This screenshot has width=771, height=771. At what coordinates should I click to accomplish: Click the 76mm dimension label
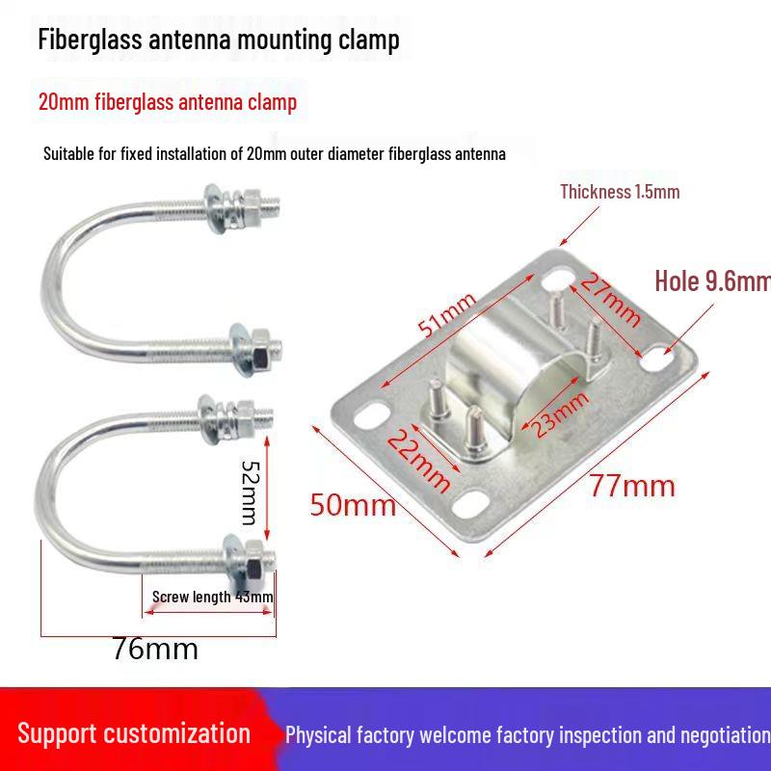pos(154,648)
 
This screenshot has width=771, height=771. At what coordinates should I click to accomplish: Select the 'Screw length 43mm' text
pos(212,597)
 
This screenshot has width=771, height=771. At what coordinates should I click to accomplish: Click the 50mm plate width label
pos(353,504)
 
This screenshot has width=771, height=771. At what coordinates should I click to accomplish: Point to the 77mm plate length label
pos(632,485)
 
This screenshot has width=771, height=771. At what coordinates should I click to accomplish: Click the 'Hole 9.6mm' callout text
pos(711,281)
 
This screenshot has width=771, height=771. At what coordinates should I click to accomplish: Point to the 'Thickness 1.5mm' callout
pos(620,191)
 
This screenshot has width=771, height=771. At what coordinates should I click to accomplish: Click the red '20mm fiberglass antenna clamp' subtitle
pos(167,101)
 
